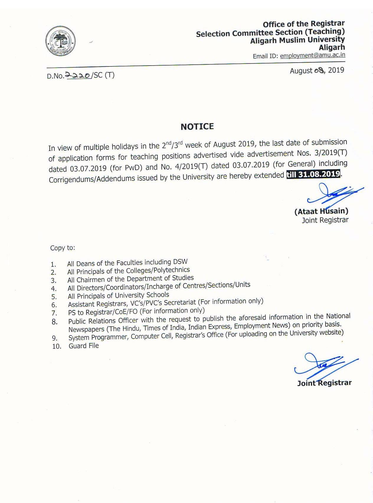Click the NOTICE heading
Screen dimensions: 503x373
click(x=197, y=127)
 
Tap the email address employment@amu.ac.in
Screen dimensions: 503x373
click(x=313, y=55)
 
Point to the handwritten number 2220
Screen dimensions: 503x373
click(x=78, y=75)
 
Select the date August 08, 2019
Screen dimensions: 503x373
click(x=317, y=71)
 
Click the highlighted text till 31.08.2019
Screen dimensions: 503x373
click(x=313, y=174)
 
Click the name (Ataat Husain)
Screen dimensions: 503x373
click(x=321, y=211)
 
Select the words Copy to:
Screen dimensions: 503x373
click(x=63, y=248)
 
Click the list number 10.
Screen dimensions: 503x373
click(x=56, y=346)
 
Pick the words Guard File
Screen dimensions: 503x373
click(x=84, y=346)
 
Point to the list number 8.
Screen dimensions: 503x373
click(x=54, y=322)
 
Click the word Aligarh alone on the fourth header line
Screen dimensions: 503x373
click(x=332, y=47)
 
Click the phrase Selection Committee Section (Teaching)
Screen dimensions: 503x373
click(x=270, y=32)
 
